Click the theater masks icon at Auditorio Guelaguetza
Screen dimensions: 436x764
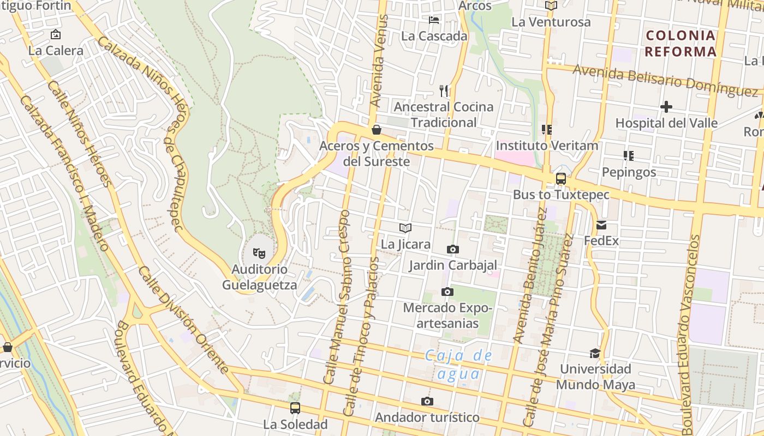pos(259,253)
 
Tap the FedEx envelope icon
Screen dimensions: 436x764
pos(601,225)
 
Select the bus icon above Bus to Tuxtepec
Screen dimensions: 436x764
pos(560,179)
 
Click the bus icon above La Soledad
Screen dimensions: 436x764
pos(295,408)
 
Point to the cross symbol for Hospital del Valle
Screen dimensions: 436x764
pos(666,107)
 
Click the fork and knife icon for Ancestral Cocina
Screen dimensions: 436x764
pos(444,90)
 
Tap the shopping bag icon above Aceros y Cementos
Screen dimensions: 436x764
pos(376,130)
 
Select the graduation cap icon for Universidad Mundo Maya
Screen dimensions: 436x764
pos(595,353)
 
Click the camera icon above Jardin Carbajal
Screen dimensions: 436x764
pos(452,250)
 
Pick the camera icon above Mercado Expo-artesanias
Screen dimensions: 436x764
pos(447,292)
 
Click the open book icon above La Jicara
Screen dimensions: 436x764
pos(405,228)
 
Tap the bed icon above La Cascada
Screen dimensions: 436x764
pos(434,20)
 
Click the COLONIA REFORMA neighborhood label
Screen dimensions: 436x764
pos(681,44)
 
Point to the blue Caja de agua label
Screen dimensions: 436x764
pos(458,365)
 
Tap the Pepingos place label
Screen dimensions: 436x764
pos(629,172)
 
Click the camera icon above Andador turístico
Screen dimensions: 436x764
pos(427,402)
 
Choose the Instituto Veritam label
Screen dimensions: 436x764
pos(547,146)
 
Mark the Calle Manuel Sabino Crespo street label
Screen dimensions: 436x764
pos(336,297)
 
